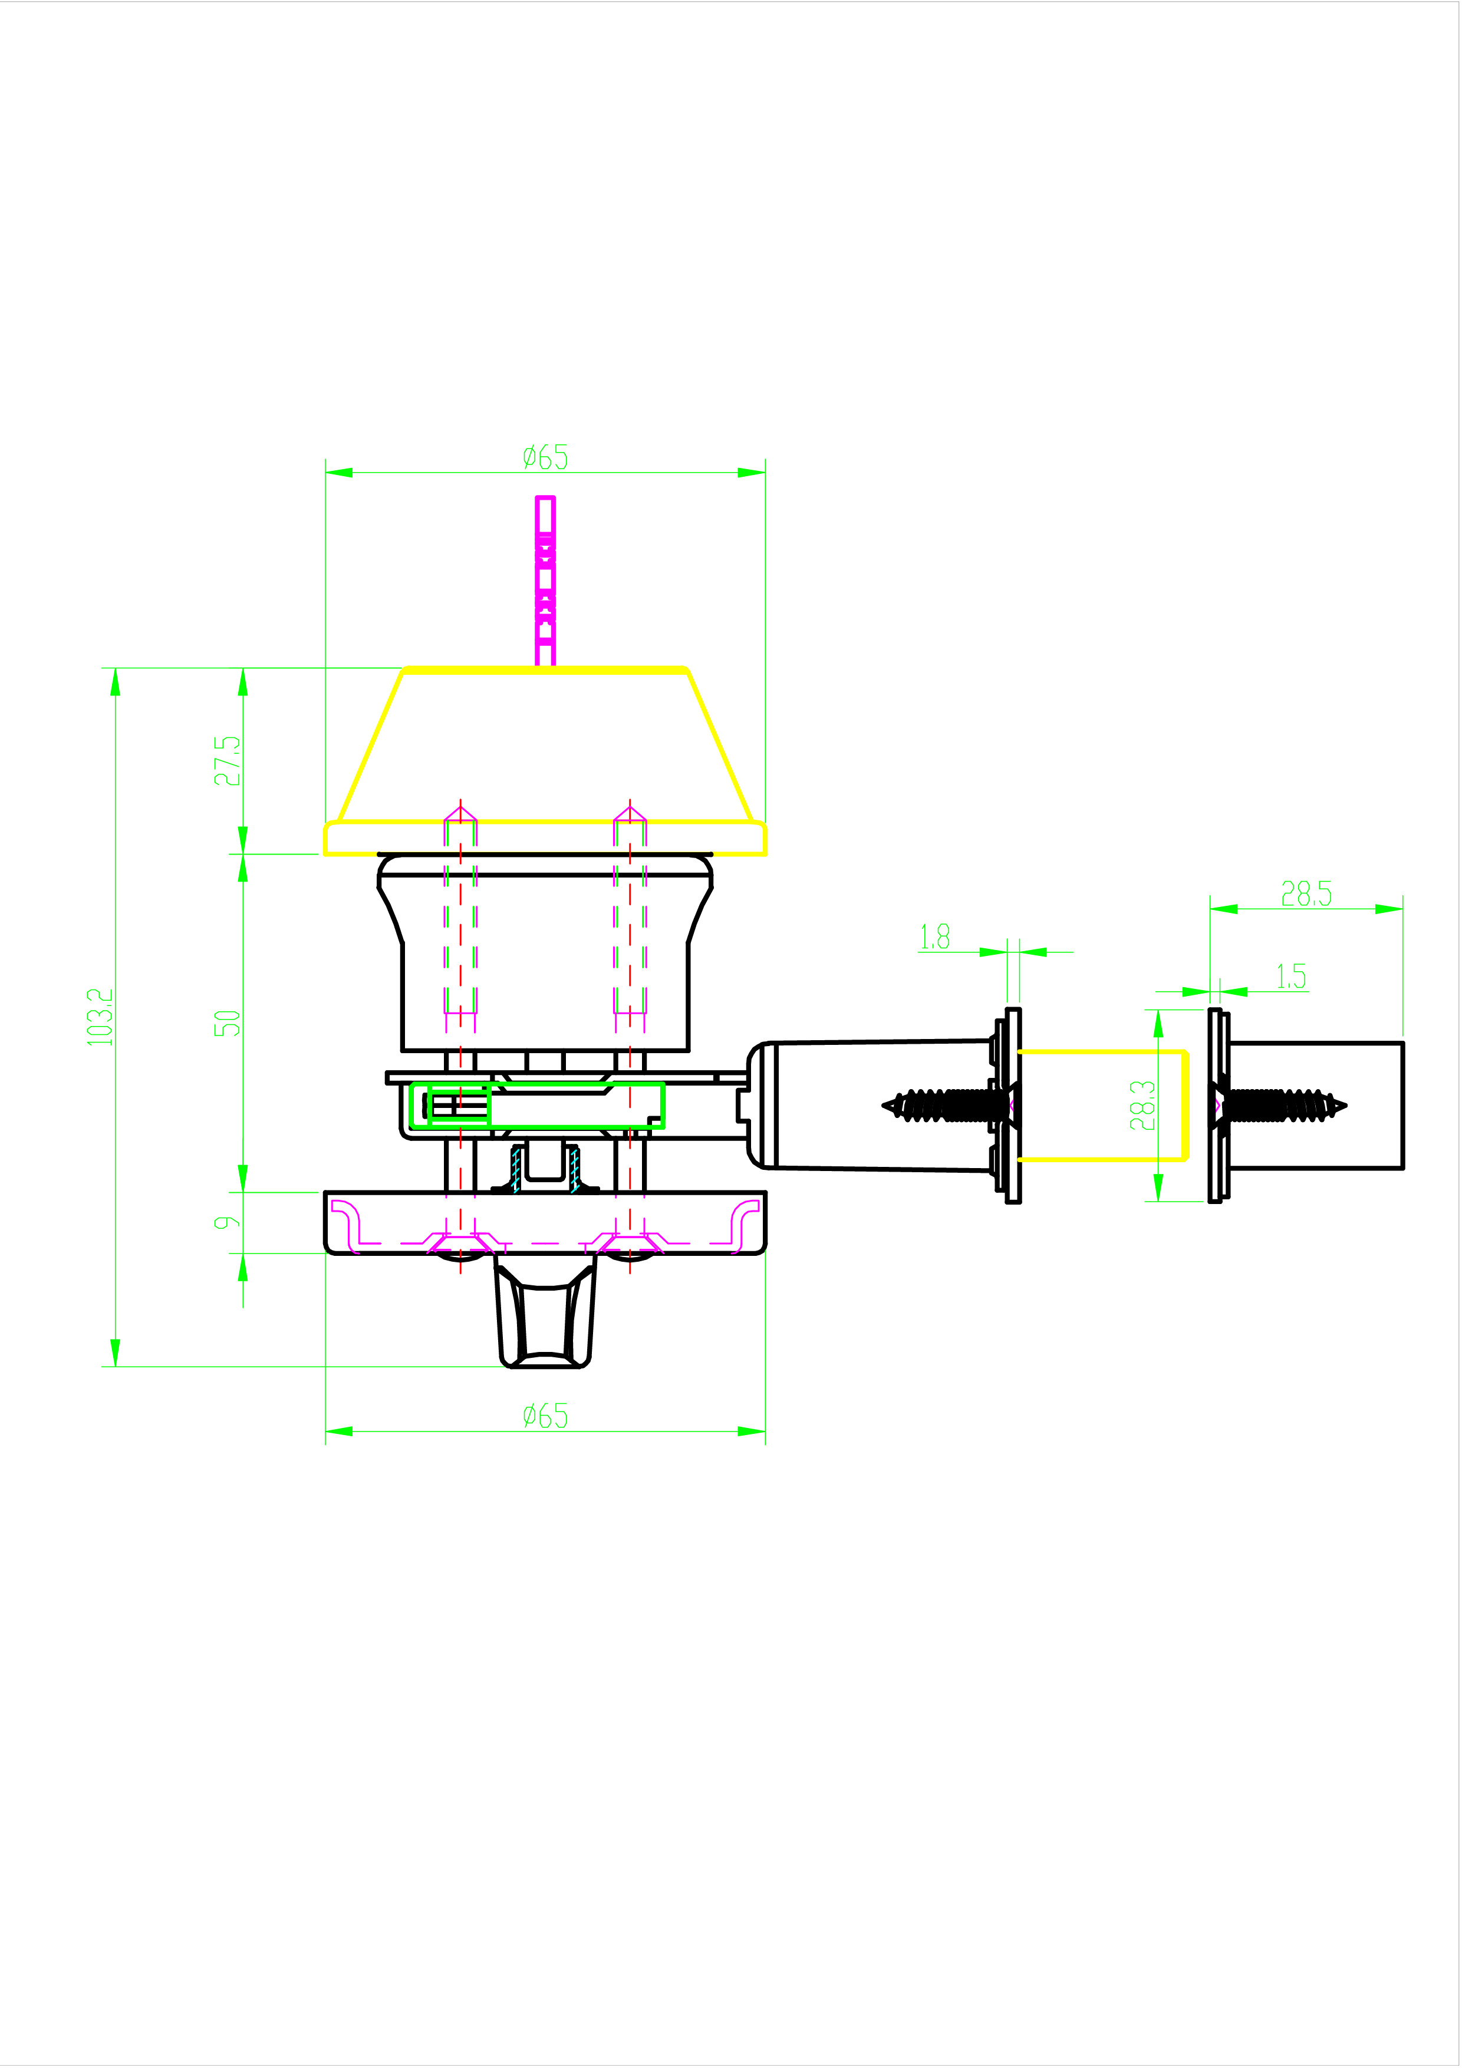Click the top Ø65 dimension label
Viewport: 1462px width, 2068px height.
pos(545,457)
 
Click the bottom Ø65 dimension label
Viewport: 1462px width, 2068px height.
pos(545,1416)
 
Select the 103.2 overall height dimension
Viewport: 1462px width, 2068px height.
pos(100,1018)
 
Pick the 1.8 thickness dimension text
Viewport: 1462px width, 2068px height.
pos(934,938)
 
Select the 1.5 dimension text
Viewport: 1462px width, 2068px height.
pos(1291,977)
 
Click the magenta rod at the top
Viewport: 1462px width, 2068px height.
pos(545,581)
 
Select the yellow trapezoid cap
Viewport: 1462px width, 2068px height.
pos(545,747)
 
